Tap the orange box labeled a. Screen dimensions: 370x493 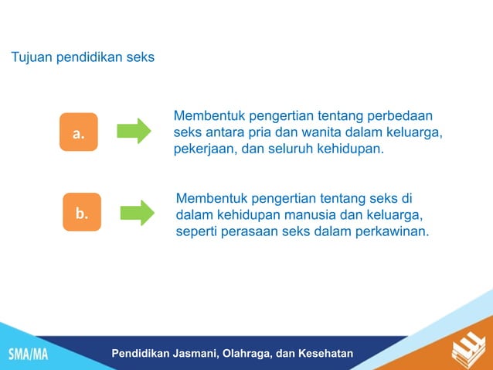[x=78, y=132]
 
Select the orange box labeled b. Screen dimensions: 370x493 [x=81, y=212]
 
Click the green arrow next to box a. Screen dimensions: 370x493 [x=134, y=131]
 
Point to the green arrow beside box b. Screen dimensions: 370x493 [x=137, y=212]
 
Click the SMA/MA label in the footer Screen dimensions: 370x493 [x=28, y=355]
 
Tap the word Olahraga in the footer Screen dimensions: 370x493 [x=246, y=354]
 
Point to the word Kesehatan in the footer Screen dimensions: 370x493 [x=325, y=354]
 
